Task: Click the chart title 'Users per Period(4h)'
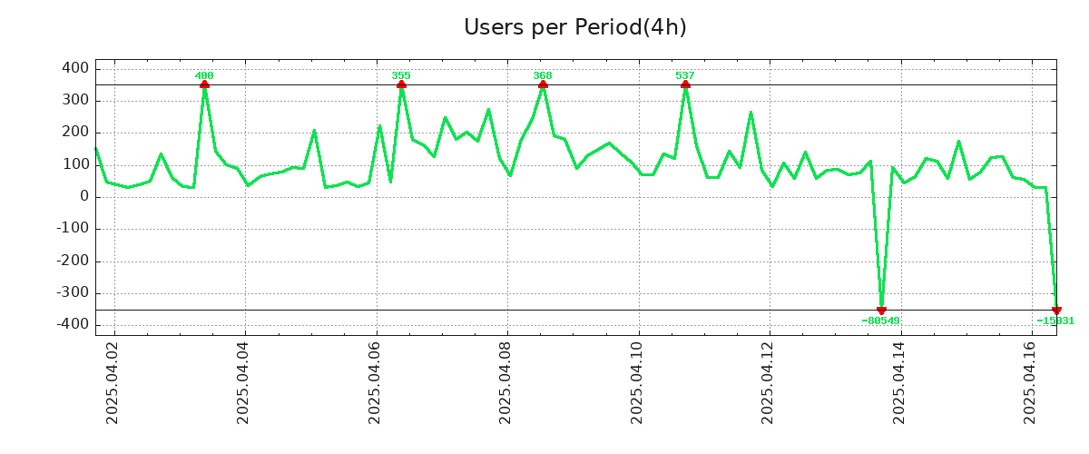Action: (x=574, y=27)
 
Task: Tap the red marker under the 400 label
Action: (x=204, y=84)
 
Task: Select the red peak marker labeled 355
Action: (x=401, y=84)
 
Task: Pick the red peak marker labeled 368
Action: (x=543, y=84)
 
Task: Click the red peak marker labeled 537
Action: (x=685, y=84)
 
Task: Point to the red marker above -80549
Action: (x=881, y=311)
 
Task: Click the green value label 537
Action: (x=685, y=75)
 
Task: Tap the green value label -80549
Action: (x=880, y=321)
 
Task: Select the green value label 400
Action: (x=204, y=75)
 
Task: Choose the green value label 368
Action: (x=543, y=75)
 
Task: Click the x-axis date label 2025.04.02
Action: (x=113, y=388)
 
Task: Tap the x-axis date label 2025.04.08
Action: (x=506, y=388)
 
